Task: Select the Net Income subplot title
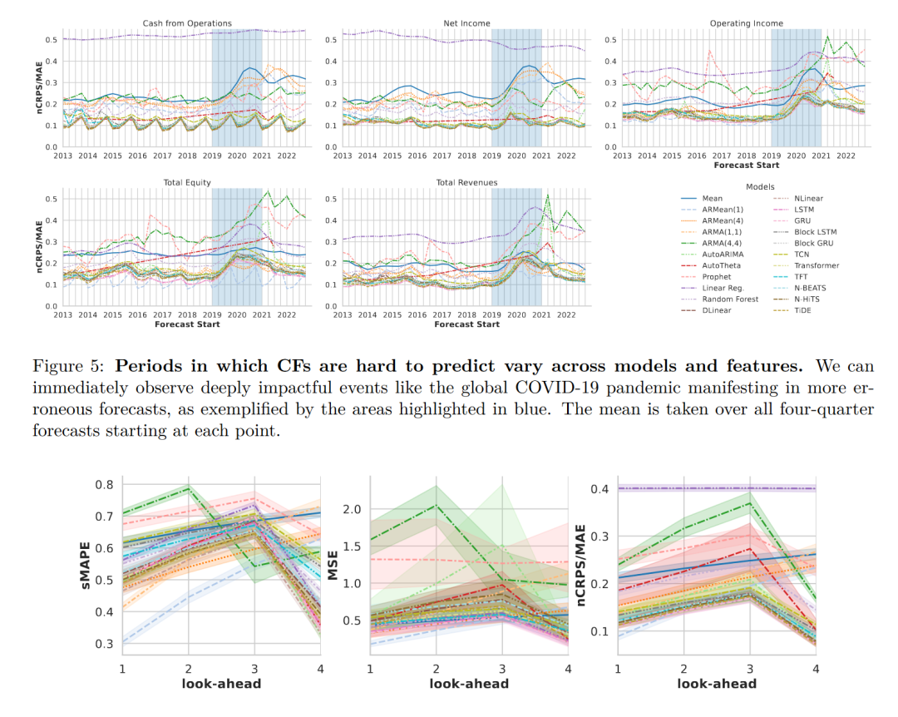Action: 466,22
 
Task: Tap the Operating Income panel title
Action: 747,22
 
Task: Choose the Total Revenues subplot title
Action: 466,182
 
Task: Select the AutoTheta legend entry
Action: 722,265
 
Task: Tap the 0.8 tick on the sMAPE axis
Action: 105,485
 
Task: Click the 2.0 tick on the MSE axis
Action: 351,509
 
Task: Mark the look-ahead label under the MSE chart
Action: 469,684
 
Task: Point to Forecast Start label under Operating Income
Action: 747,165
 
